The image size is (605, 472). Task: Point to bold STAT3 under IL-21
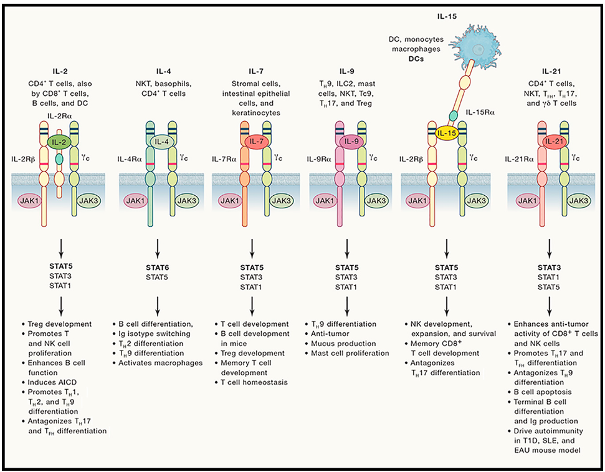(549, 268)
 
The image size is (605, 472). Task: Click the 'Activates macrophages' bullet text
(160, 363)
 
